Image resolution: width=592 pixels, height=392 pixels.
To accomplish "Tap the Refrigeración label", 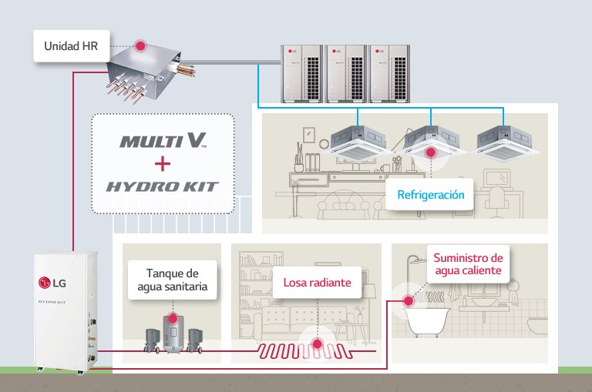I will tap(430, 195).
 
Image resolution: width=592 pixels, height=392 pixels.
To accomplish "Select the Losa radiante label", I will tap(317, 283).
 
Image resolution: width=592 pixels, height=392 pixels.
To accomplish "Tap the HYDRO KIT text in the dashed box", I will tap(162, 186).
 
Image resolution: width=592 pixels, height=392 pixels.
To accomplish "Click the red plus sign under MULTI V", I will tap(162, 163).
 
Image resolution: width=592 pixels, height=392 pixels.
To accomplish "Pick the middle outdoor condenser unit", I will tap(345, 72).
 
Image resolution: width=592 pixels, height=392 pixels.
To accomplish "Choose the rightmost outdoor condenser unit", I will tap(389, 72).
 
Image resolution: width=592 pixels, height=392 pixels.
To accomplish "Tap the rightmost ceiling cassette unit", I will tap(504, 140).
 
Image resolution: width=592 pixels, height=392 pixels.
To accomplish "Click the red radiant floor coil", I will tap(308, 352).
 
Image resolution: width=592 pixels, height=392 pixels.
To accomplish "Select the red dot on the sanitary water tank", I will tap(172, 317).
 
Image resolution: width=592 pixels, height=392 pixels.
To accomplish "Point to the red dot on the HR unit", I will tap(140, 46).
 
